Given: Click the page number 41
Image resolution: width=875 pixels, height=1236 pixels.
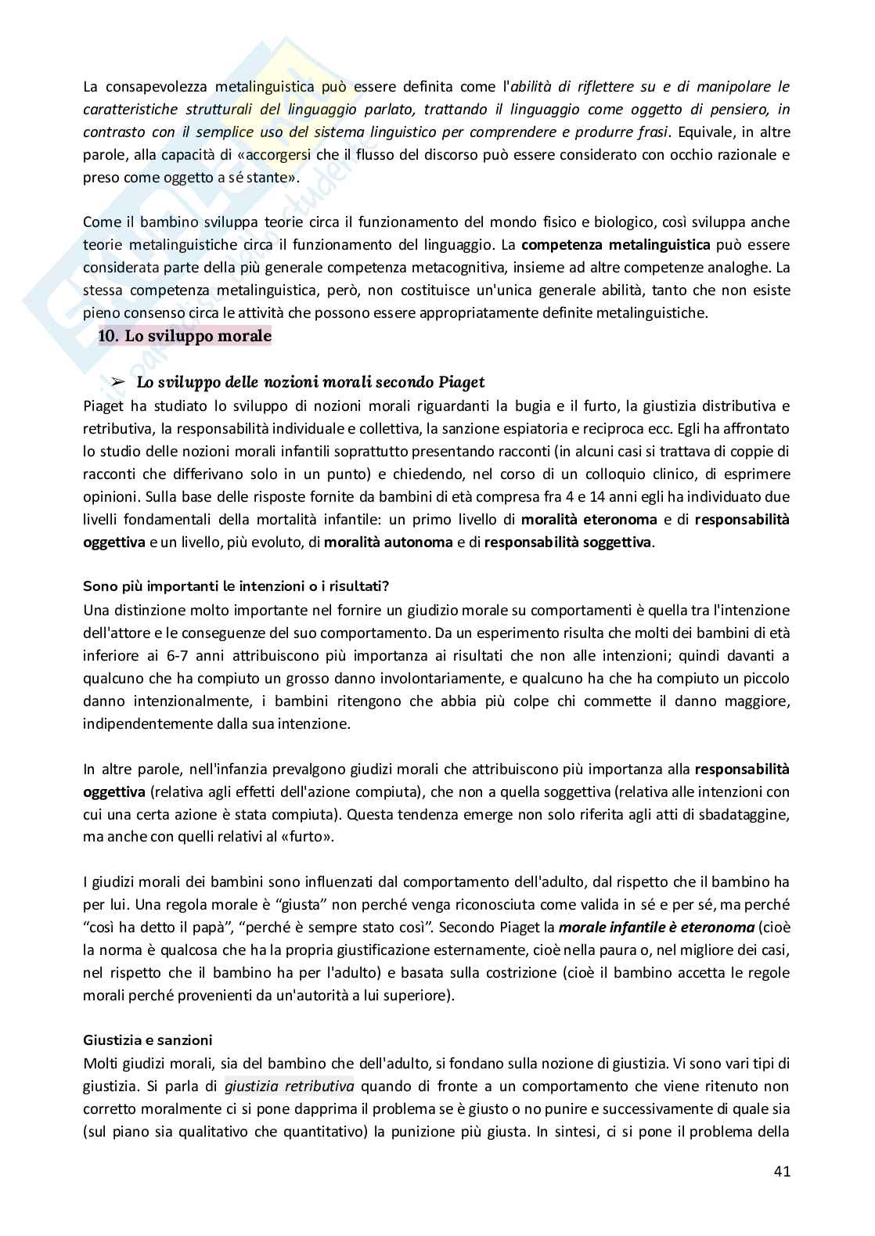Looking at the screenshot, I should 781,1193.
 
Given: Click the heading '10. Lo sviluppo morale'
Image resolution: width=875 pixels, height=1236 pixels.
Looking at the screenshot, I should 185,337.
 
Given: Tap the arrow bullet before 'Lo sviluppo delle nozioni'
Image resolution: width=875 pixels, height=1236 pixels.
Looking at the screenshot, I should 119,383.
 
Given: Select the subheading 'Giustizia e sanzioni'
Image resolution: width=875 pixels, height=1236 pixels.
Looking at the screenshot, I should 147,1040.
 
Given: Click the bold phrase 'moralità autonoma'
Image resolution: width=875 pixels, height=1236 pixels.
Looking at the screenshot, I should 388,542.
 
